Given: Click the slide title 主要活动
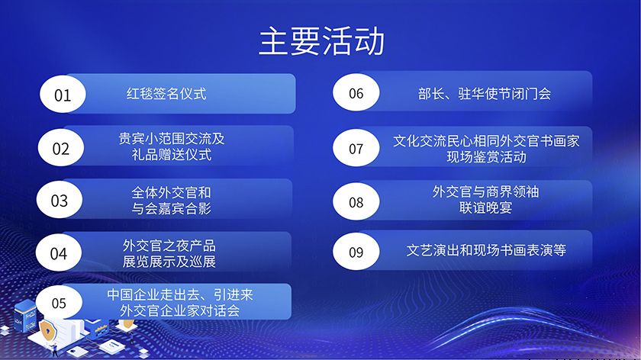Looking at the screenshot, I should click(x=320, y=41).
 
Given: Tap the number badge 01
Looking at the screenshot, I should click(x=62, y=95).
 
